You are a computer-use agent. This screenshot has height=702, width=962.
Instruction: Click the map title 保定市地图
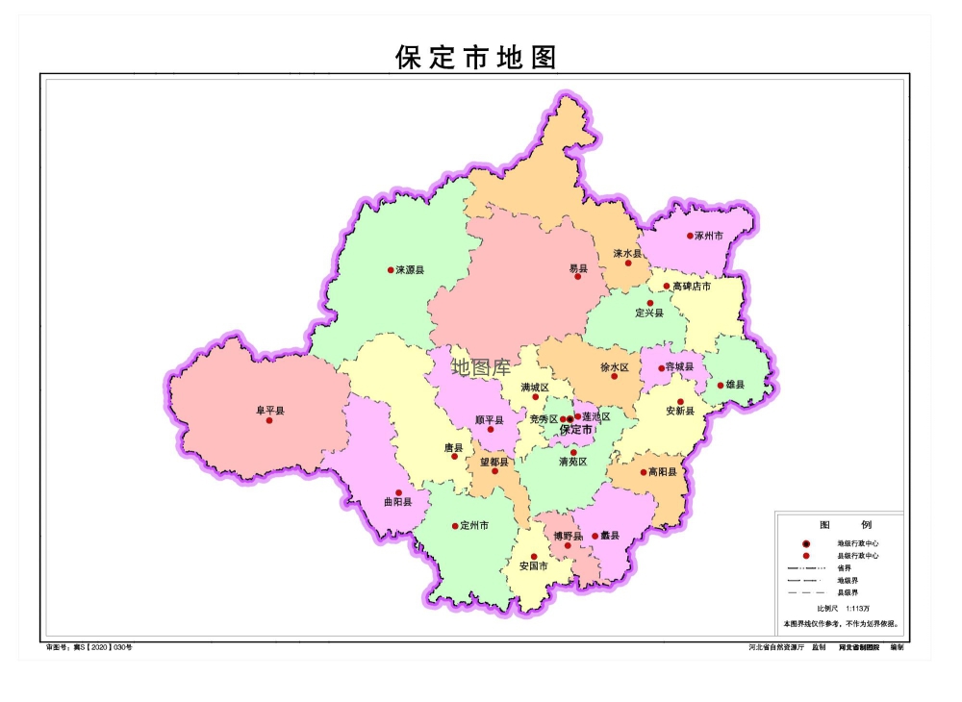(x=476, y=58)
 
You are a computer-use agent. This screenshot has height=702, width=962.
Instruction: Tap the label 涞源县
(x=410, y=270)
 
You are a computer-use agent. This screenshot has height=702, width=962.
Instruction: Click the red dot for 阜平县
(x=269, y=420)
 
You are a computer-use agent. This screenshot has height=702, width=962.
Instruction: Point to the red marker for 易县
(x=578, y=276)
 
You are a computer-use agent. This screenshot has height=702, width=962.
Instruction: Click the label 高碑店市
(x=693, y=287)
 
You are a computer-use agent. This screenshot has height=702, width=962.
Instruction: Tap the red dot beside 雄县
(x=721, y=386)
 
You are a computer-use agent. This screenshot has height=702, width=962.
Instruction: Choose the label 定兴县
(x=649, y=313)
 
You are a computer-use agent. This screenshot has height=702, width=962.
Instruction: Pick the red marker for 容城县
(x=662, y=367)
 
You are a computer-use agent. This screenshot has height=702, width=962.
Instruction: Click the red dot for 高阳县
(x=644, y=472)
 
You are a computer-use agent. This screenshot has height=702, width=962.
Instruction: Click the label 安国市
(x=533, y=566)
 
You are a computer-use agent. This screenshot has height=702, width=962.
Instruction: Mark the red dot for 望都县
(x=495, y=471)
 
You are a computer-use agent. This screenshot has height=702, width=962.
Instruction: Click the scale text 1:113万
(x=856, y=609)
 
